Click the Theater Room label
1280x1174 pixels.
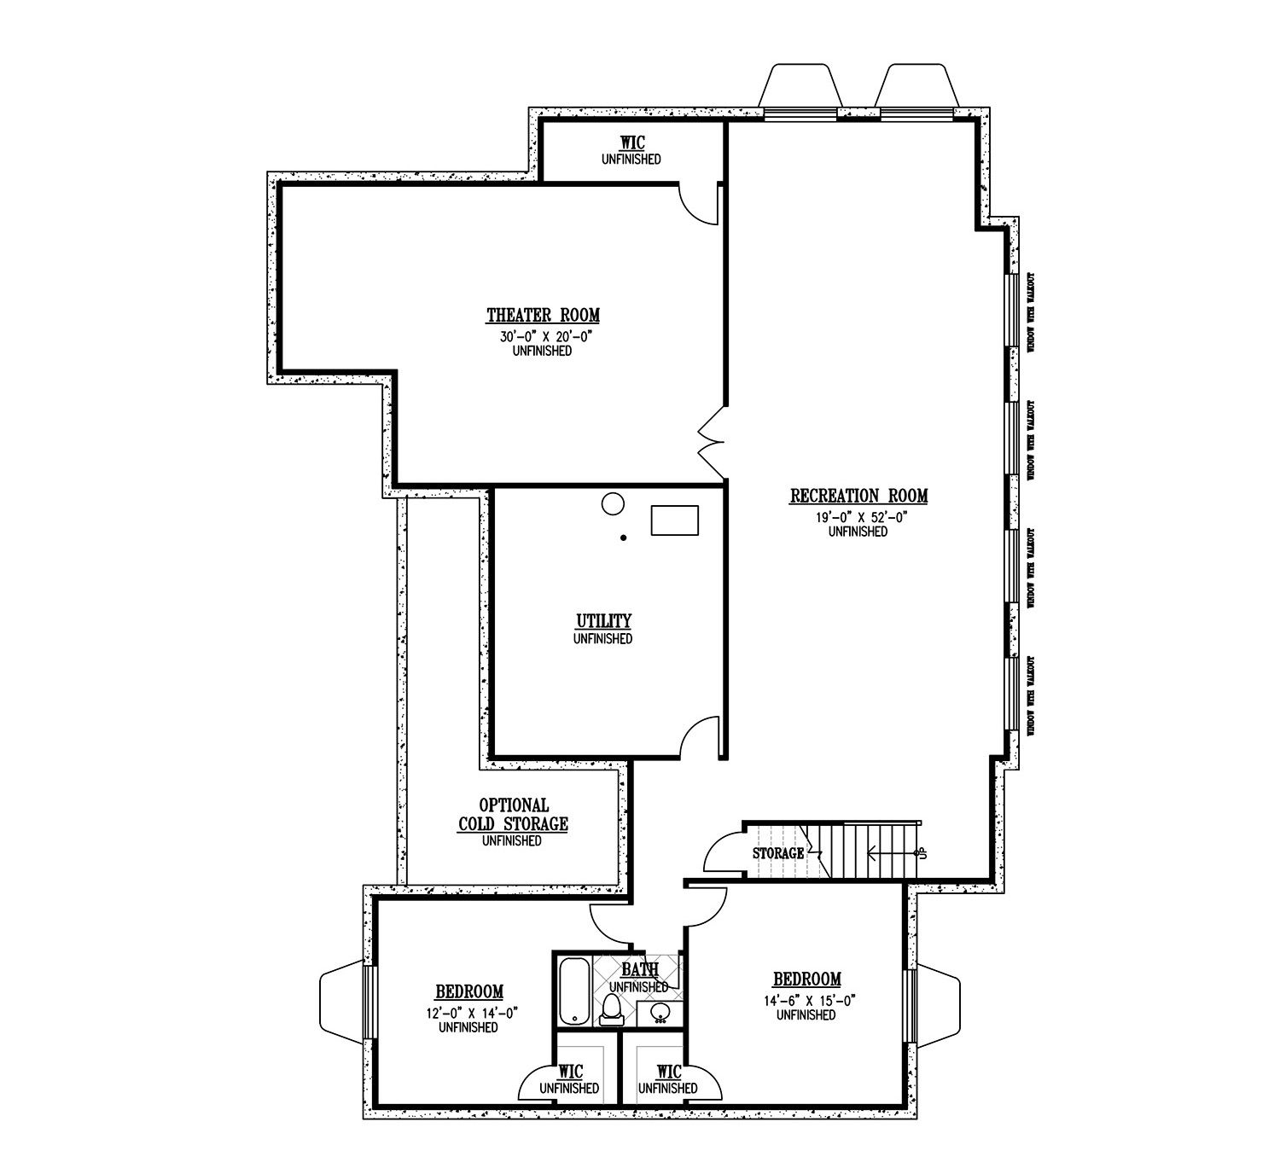543,316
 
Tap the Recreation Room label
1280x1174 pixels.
858,496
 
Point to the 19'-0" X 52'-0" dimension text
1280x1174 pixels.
858,517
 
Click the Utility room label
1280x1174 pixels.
602,620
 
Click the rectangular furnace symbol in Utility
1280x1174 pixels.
675,520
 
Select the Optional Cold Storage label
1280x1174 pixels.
512,815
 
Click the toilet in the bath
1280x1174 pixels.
611,1009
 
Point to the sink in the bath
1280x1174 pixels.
660,1013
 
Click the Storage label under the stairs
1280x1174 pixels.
777,852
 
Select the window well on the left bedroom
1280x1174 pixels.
340,1003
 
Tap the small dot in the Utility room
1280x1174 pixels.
624,538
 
